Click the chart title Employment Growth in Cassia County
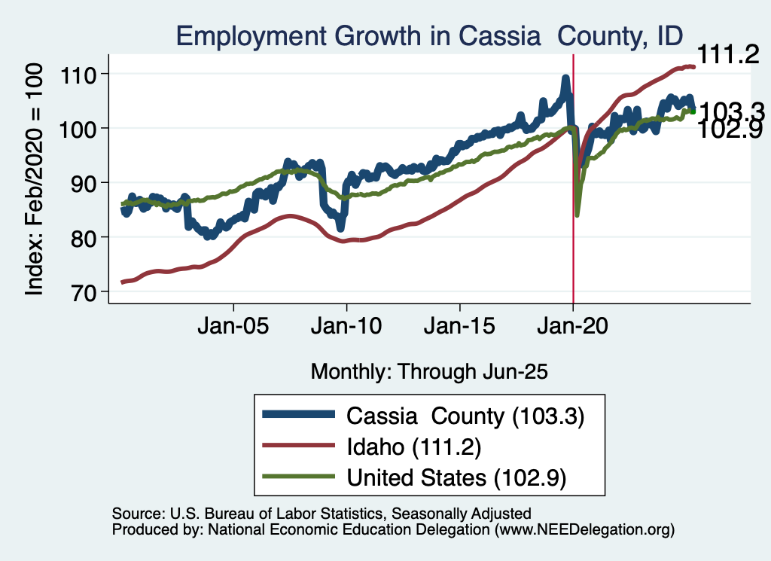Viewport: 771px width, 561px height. pos(429,35)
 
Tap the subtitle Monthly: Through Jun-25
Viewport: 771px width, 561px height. pos(428,371)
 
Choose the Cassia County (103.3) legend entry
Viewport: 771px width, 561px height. pos(465,416)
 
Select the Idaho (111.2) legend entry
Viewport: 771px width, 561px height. pos(413,447)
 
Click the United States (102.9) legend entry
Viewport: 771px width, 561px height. pos(456,477)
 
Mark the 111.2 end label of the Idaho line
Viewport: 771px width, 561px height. pos(727,54)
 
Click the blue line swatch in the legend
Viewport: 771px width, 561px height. pos(297,415)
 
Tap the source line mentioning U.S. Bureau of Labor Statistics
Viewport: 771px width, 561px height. pos(322,514)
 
